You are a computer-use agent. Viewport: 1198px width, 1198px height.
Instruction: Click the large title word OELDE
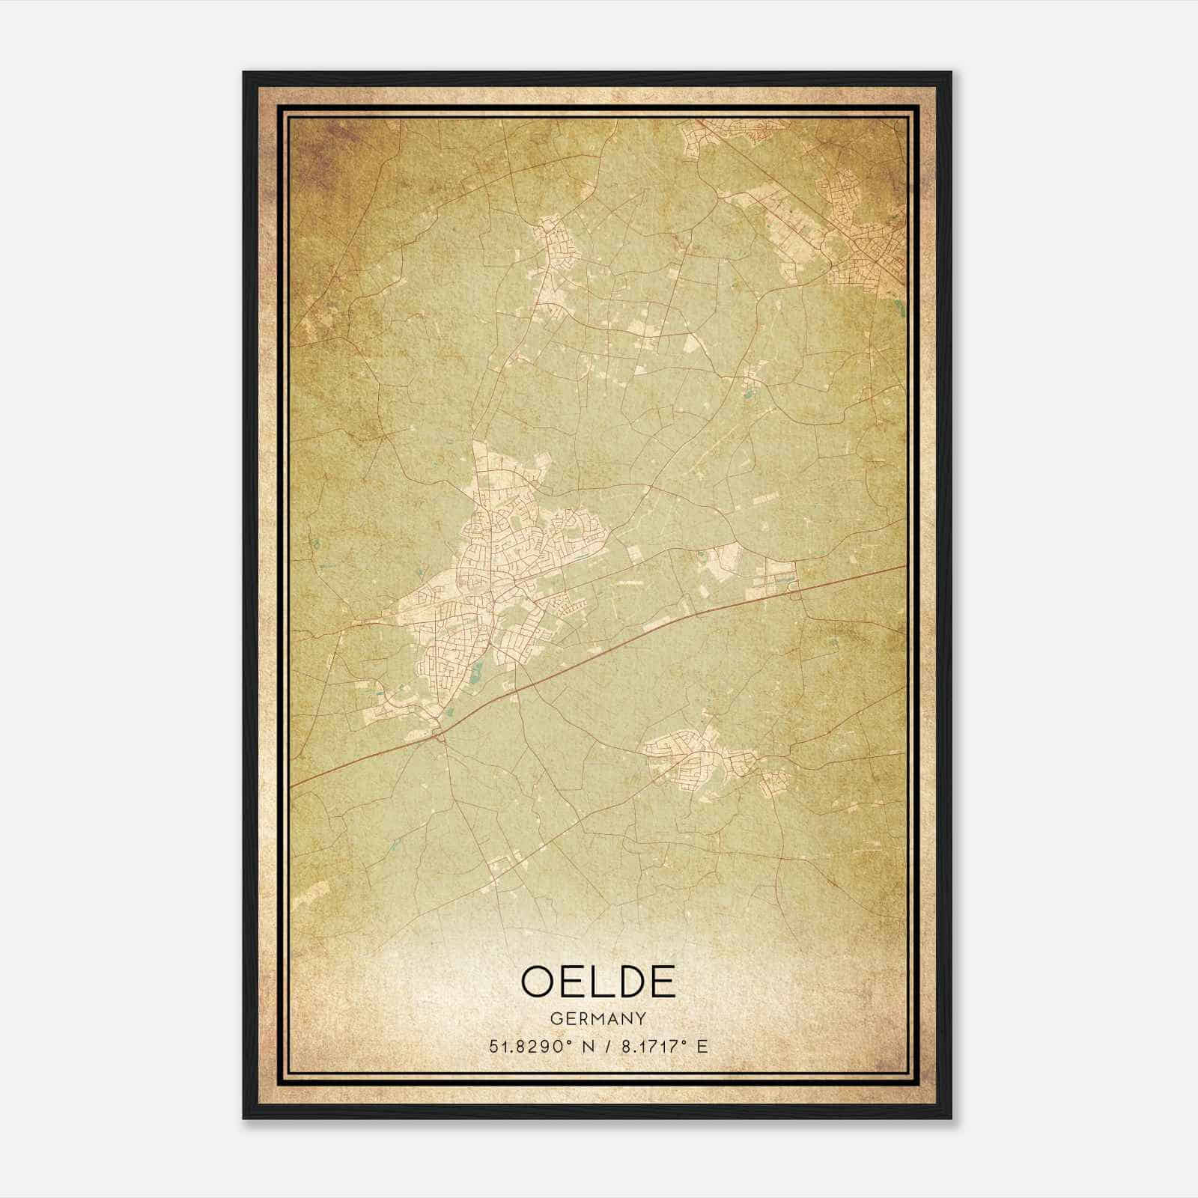tap(598, 982)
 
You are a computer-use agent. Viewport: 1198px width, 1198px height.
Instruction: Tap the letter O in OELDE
tap(538, 982)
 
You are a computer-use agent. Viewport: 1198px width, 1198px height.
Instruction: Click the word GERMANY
tap(598, 1018)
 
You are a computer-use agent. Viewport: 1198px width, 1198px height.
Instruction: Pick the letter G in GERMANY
tap(555, 1018)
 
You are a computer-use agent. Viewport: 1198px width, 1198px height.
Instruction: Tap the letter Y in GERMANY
tap(641, 1018)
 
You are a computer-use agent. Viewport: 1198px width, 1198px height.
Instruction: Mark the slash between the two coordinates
tap(603, 1047)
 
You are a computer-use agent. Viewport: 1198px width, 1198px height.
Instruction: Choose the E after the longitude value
tap(702, 1047)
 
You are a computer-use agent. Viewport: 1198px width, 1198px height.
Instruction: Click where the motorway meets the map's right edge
tap(904, 567)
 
